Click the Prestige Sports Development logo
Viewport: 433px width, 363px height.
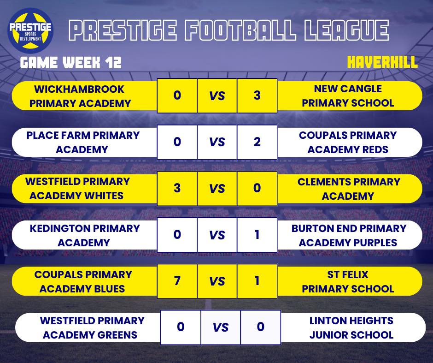(31, 30)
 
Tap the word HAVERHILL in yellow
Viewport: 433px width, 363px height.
(382, 62)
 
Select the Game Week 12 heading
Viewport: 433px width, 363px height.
(70, 63)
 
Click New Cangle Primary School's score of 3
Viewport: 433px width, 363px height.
(257, 95)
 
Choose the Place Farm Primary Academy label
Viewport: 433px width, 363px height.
(82, 142)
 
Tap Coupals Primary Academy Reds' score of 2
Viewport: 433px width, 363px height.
(257, 142)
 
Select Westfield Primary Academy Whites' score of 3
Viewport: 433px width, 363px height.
(177, 188)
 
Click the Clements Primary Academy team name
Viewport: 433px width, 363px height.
(348, 189)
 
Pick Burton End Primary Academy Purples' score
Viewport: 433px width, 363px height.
(257, 235)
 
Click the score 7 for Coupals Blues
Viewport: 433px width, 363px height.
(177, 281)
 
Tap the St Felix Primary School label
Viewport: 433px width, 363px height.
(348, 281)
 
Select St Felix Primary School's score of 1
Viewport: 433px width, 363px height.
(257, 281)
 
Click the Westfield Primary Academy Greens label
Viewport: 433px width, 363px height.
(92, 327)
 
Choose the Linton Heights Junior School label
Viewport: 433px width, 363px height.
(351, 327)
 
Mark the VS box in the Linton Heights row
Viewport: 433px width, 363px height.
(221, 327)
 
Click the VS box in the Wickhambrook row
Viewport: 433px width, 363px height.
(217, 95)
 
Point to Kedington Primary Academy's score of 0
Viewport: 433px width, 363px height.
(177, 235)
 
